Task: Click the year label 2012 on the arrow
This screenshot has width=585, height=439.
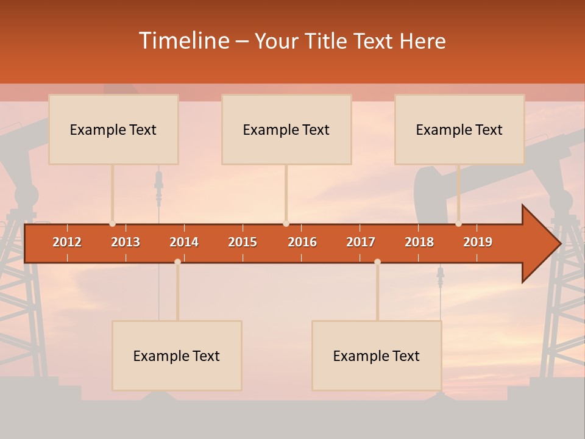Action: (67, 242)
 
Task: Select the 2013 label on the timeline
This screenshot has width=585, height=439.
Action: (126, 242)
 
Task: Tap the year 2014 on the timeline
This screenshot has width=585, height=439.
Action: (184, 242)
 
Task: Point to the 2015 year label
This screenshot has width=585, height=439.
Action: (243, 242)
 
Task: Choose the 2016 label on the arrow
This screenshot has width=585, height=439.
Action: (302, 242)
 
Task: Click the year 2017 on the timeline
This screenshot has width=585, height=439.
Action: (361, 242)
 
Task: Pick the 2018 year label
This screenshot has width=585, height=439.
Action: (419, 242)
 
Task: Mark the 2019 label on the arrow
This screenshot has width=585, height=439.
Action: (478, 242)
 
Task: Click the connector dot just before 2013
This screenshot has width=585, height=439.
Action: (112, 224)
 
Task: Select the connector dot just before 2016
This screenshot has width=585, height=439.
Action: (286, 224)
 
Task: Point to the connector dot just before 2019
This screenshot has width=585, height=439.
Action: (458, 224)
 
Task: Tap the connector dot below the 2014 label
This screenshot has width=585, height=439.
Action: (177, 262)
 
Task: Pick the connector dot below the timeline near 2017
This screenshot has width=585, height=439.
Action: (377, 262)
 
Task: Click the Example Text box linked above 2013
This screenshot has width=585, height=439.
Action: (113, 130)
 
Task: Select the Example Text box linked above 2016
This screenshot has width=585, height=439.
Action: (286, 130)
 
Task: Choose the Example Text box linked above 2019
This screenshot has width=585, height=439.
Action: (459, 130)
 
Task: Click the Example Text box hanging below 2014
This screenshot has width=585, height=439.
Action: (177, 355)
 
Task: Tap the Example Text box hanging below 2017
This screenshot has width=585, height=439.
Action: (377, 355)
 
